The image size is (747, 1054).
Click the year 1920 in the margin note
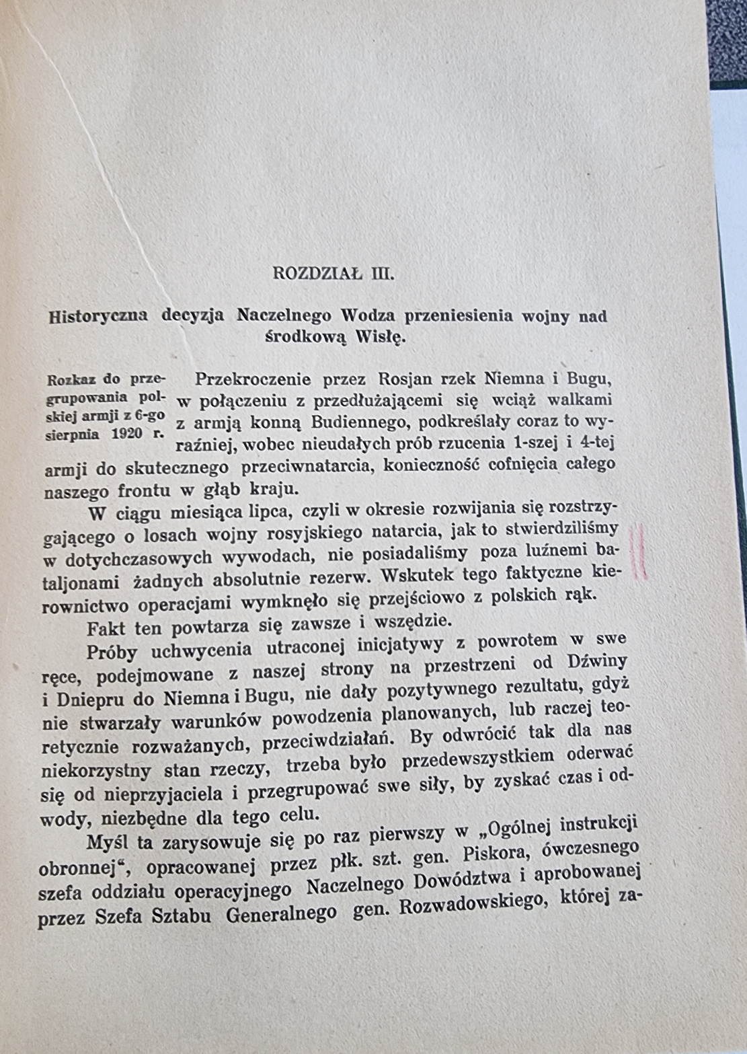pyautogui.click(x=128, y=433)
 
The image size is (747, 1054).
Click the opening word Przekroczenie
pyautogui.click(x=253, y=379)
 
